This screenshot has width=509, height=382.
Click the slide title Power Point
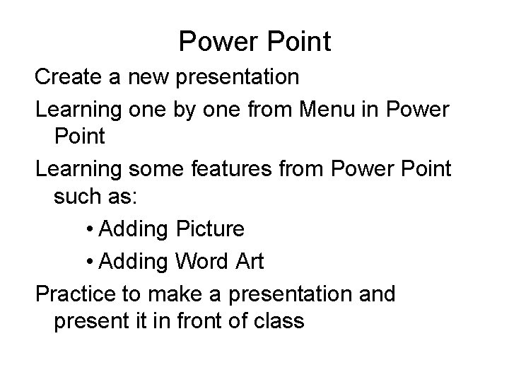[x=255, y=42]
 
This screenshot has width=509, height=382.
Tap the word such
[x=76, y=199]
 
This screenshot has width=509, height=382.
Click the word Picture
[x=209, y=230]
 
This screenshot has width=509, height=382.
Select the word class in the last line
[x=279, y=322]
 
